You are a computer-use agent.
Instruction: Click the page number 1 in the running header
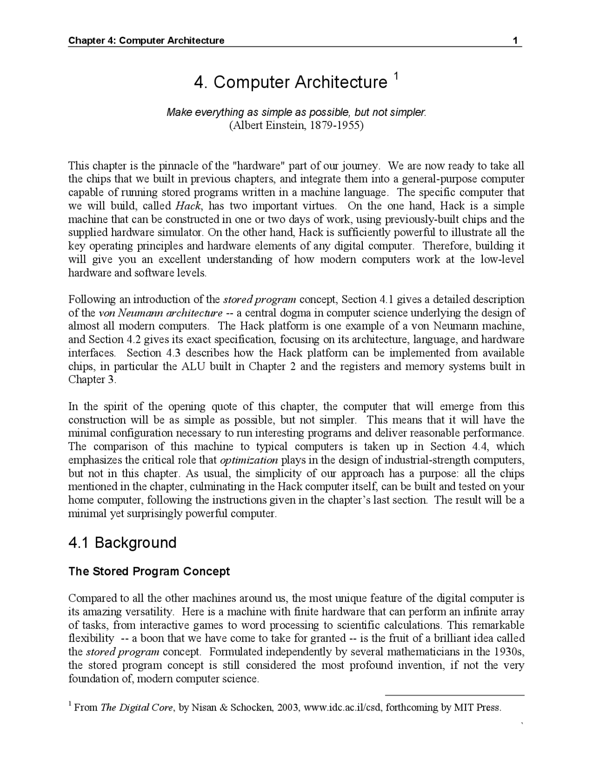(515, 40)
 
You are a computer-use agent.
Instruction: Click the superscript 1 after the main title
(396, 75)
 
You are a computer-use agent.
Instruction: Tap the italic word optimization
(249, 461)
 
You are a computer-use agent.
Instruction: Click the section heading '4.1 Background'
(122, 543)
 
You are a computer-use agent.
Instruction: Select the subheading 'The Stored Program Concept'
(149, 571)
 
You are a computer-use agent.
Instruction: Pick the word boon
(153, 639)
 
